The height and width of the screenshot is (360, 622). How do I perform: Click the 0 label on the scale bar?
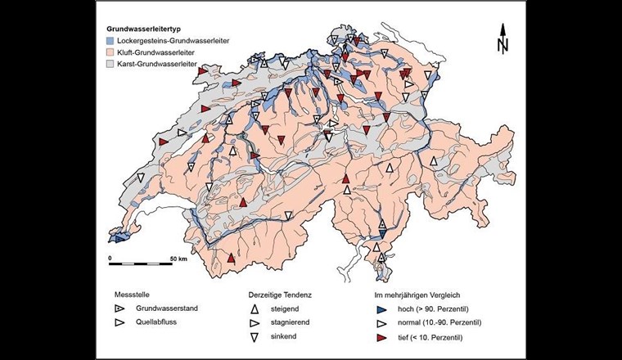[x=110, y=258]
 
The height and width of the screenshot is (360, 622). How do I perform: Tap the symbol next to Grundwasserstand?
[x=120, y=309]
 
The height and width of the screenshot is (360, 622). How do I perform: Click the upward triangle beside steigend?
[x=255, y=309]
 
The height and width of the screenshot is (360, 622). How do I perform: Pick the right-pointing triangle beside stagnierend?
[x=255, y=323]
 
